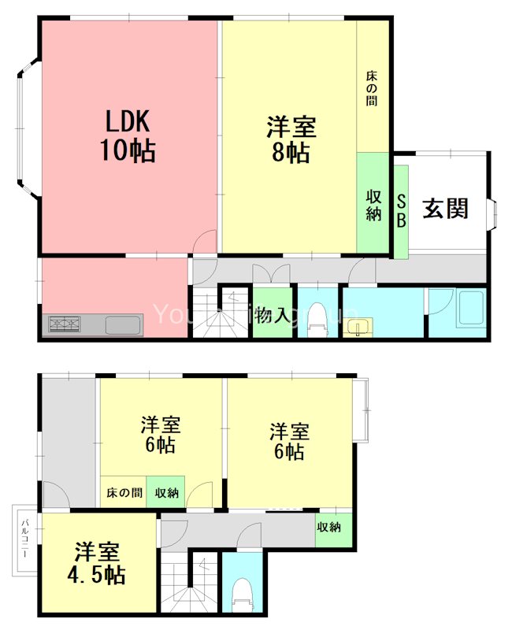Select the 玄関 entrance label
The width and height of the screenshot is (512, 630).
coord(446,209)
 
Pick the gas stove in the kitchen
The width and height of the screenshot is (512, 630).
coord(65,323)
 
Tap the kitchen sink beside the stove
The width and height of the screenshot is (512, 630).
coord(123,324)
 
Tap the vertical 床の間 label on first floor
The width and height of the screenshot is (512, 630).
coord(372,89)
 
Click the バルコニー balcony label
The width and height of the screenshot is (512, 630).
coord(24,539)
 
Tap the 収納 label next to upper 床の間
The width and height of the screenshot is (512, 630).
coord(166,493)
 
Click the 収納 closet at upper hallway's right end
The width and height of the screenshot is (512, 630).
coord(329,527)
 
